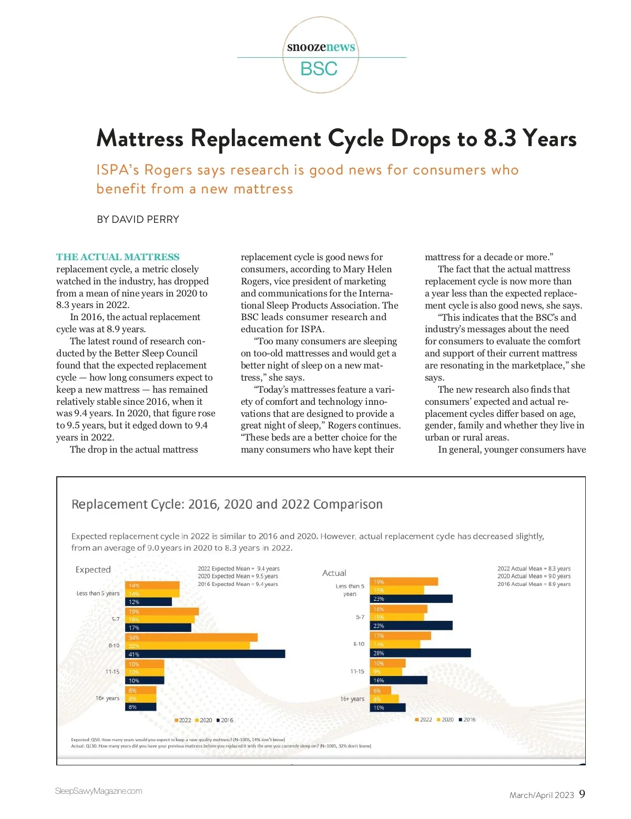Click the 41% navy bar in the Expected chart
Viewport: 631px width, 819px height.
[x=205, y=654]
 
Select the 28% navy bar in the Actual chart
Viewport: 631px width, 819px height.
[x=420, y=653]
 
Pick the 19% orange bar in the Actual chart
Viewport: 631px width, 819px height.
[x=404, y=581]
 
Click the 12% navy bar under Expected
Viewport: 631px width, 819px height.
[x=148, y=602]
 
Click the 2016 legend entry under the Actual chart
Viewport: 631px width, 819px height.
[x=467, y=720]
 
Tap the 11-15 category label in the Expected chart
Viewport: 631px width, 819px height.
[x=112, y=672]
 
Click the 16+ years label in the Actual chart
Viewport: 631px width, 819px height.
[x=352, y=699]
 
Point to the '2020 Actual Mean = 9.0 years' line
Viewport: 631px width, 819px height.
[x=534, y=576]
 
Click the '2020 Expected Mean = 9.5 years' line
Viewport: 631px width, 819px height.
[x=238, y=576]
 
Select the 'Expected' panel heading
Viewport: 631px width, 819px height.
[x=93, y=570]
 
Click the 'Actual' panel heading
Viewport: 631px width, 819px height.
[x=334, y=573]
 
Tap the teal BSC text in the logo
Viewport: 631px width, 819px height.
[x=319, y=69]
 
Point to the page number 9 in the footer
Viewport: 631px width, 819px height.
[x=582, y=794]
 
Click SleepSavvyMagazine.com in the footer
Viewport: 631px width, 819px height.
[x=99, y=791]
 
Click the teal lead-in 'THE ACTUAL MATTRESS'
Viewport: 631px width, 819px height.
[x=118, y=257]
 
